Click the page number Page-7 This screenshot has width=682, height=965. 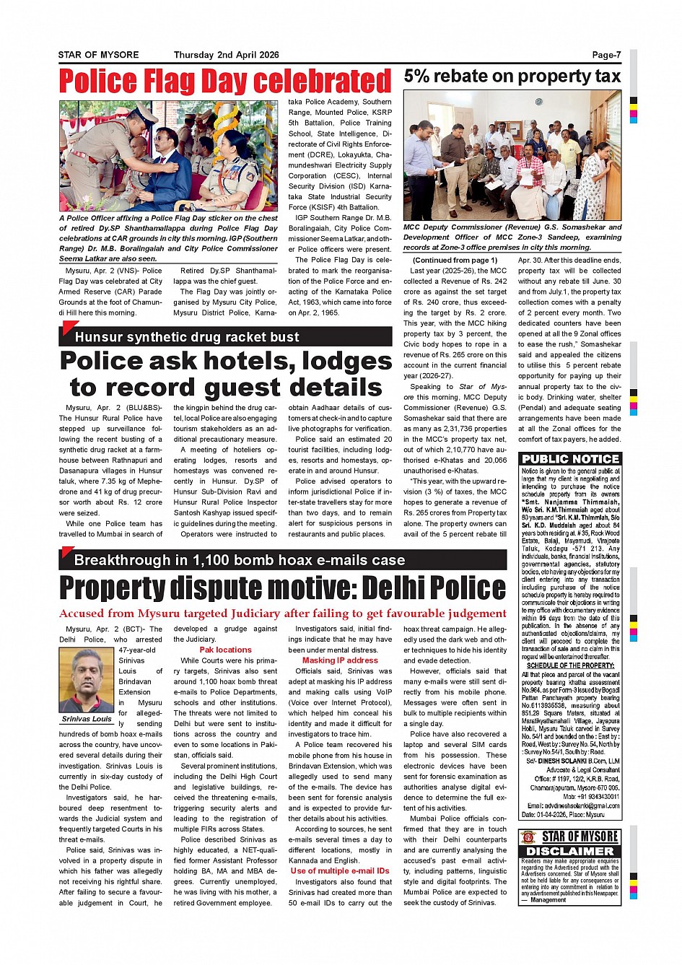(606, 55)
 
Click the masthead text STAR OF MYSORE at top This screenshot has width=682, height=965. (99, 55)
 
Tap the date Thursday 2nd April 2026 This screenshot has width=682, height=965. (226, 55)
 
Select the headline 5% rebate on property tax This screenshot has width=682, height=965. (512, 77)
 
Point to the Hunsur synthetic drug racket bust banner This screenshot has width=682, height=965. (186, 337)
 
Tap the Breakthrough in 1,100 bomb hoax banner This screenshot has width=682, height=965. (239, 560)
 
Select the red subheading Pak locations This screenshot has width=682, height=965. (225, 650)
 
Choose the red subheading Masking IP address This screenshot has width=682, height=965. (340, 660)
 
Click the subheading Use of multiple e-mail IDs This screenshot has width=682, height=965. (340, 870)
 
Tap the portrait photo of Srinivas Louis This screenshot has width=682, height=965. (87, 680)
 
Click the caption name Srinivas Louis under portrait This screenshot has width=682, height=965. (87, 719)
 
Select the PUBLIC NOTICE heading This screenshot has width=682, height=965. (570, 459)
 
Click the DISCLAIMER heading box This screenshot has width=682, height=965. (569, 852)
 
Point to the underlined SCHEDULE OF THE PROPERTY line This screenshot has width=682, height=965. (570, 665)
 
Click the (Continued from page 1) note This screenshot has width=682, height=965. (455, 260)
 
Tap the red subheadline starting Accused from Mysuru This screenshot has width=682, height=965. (283, 614)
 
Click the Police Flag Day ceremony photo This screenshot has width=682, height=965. (168, 156)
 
